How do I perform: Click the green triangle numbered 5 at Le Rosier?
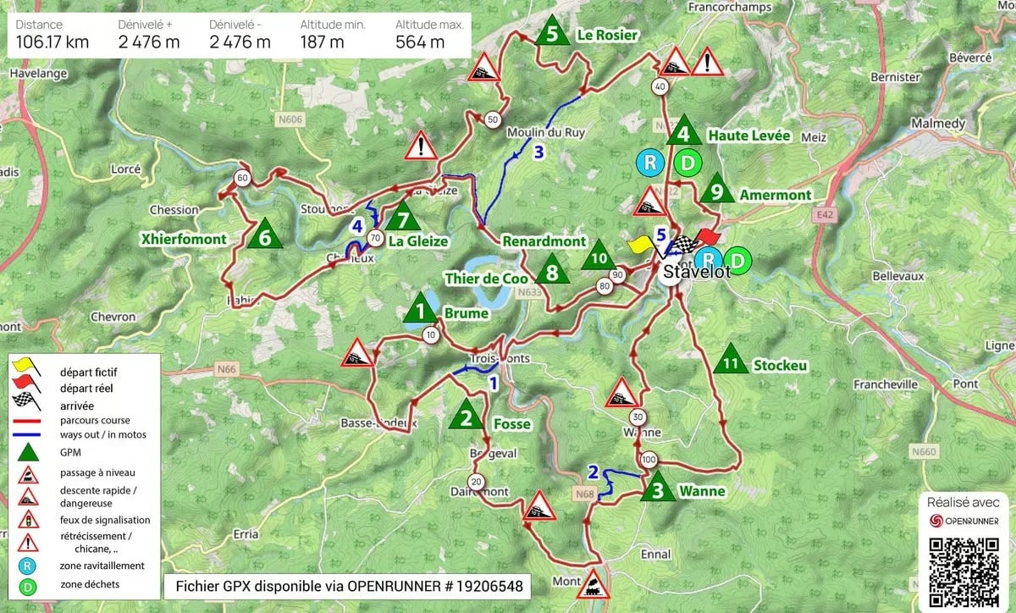point(552,33)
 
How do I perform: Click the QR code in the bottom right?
point(965,565)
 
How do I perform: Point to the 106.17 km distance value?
point(52,42)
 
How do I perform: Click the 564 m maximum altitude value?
point(420,42)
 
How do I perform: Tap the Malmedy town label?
point(938,124)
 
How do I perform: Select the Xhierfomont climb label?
point(185,240)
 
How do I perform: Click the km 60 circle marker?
point(242,178)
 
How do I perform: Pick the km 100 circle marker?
point(649,460)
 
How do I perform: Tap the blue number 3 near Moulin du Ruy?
point(538,153)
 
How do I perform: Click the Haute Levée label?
point(749,135)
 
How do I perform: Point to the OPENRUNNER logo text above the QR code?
point(971,521)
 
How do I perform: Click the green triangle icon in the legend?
point(27,451)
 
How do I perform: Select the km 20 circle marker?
point(476,482)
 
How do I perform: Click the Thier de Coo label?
point(486,279)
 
